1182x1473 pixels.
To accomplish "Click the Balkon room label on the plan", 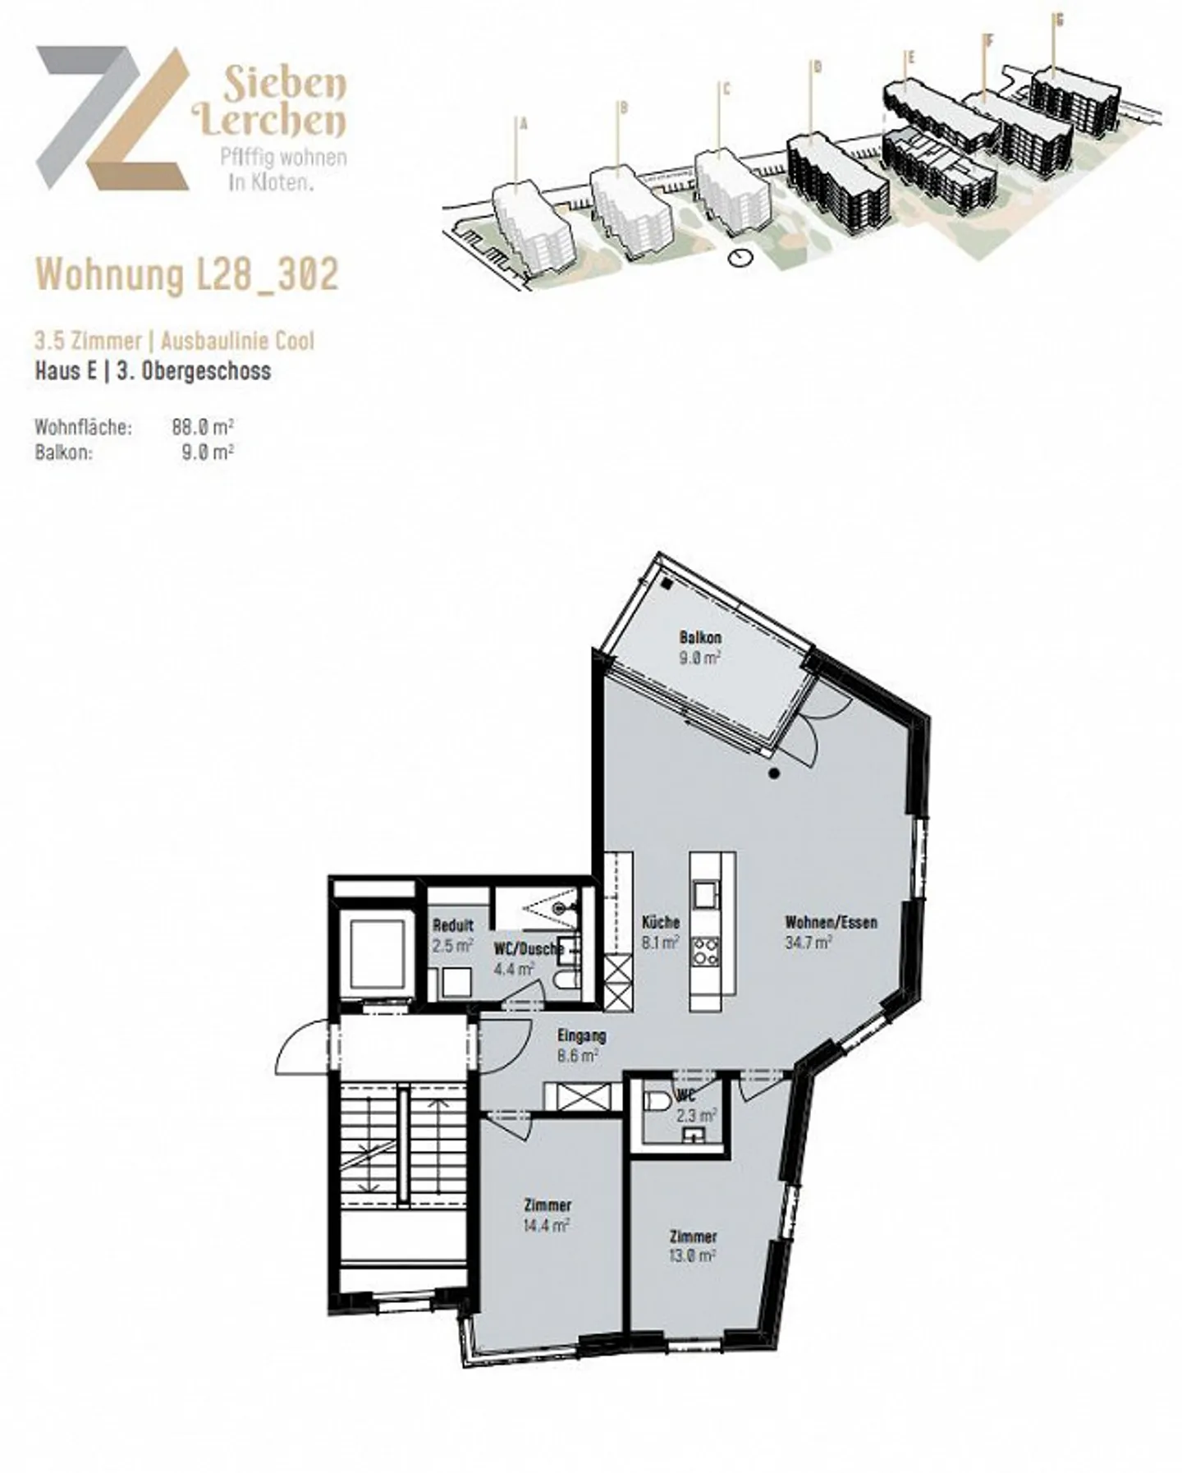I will click(700, 637).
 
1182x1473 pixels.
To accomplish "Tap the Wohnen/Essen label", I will click(831, 922).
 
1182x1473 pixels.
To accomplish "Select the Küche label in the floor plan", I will click(660, 922).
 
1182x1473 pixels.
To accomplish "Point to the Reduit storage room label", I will click(453, 925).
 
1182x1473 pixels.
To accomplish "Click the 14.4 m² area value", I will click(547, 1225).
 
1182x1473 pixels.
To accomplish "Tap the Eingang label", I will click(581, 1035).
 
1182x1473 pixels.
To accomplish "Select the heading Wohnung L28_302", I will click(188, 273).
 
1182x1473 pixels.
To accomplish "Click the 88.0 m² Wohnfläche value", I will click(203, 427).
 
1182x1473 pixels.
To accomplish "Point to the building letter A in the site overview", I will click(524, 125).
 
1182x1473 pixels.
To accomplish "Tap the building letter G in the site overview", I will click(1059, 21).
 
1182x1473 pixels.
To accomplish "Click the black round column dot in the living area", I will click(774, 773).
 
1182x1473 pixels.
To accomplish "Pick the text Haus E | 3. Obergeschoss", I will click(153, 371).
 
